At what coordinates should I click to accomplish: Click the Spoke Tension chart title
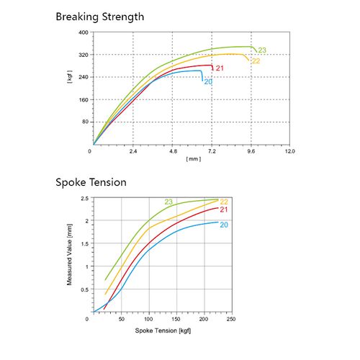coord(91,182)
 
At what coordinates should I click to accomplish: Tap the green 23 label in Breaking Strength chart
coord(262,50)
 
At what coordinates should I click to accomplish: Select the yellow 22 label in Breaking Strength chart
coord(255,60)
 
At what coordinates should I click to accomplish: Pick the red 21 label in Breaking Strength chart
coord(220,68)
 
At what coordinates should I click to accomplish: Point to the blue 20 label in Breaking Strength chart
coord(208,81)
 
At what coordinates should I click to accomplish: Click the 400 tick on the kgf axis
coord(83,33)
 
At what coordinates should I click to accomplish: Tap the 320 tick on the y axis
coord(83,55)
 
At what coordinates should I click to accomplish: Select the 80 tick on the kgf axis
coord(84,122)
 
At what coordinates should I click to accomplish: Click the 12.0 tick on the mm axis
coord(289,152)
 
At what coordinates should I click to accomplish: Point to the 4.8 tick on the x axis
coord(173,152)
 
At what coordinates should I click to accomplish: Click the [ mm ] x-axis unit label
coord(193,158)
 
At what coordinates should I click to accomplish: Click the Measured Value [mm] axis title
coord(70,255)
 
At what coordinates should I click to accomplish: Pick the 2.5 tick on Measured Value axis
coord(84,198)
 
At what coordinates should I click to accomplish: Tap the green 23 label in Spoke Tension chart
coord(168,201)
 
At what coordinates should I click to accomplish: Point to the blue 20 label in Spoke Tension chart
coord(224,225)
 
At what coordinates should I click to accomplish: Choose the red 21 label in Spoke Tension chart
coord(224,210)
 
